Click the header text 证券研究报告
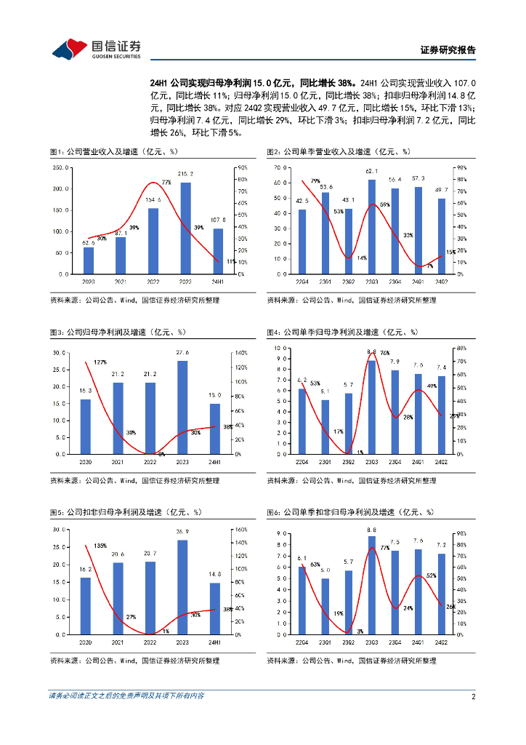(x=448, y=50)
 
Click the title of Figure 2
(x=339, y=152)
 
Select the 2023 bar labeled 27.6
(x=182, y=407)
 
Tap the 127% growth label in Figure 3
(x=100, y=362)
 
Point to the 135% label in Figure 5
(x=100, y=546)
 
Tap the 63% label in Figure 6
(x=315, y=564)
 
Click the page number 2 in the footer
(x=473, y=696)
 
